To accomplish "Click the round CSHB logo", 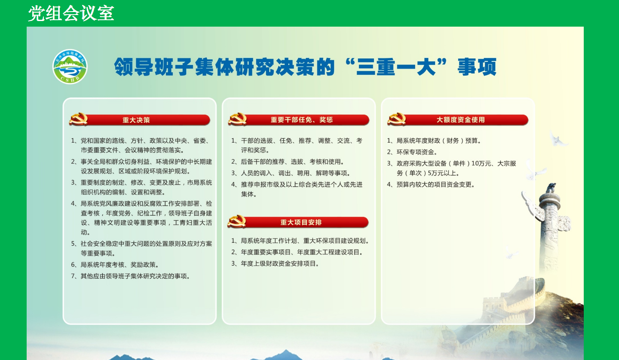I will coord(70,67).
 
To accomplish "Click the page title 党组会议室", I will coord(71,13).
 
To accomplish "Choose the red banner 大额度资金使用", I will coord(460,120).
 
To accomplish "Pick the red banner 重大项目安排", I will coord(301,223).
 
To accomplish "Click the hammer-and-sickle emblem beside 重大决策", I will coord(79,119).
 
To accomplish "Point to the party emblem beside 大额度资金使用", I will coord(396,119).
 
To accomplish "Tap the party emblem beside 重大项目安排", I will coord(237,222).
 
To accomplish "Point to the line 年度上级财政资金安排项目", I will coord(279,264).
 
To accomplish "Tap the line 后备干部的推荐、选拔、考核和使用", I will coord(292,162).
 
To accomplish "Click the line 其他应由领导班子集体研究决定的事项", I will coord(135,276).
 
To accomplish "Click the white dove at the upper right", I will coord(558,139).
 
